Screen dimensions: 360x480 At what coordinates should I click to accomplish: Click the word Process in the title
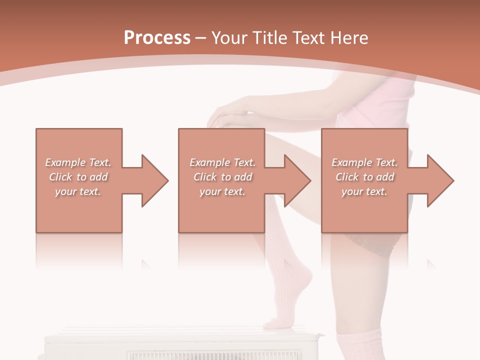pos(157,38)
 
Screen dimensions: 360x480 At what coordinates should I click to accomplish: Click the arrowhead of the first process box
pos(154,180)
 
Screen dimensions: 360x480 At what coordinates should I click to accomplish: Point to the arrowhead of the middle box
pos(297,180)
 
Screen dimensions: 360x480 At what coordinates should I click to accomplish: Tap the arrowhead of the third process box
pos(440,180)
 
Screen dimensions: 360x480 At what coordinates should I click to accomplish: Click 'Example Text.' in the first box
pos(78,162)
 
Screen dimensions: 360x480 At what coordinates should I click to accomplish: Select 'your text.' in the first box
pos(78,191)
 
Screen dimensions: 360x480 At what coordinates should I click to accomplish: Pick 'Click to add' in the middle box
pos(222,177)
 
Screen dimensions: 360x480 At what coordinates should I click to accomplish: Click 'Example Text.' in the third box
pos(364,162)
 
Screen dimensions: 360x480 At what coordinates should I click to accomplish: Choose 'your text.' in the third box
pos(364,191)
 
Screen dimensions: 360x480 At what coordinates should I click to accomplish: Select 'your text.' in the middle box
pos(222,191)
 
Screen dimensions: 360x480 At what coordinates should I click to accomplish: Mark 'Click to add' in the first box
pos(78,177)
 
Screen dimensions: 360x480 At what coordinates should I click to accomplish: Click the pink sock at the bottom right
pos(357,345)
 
